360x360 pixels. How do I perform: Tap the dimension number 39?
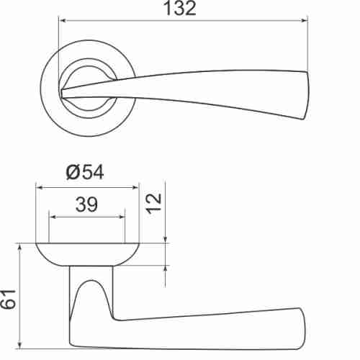coord(86,205)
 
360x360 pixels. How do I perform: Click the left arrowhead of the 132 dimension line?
coord(61,21)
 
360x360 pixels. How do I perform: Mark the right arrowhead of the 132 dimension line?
coord(304,21)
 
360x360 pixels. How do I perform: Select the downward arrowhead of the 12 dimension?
coord(166,239)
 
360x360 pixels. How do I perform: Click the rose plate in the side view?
coord(86,253)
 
